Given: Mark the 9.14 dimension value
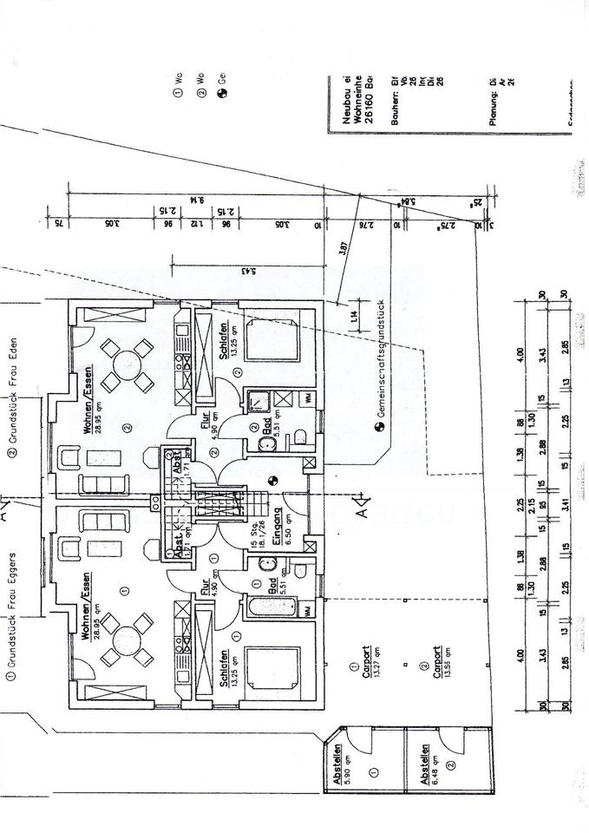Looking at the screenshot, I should click(202, 199).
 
